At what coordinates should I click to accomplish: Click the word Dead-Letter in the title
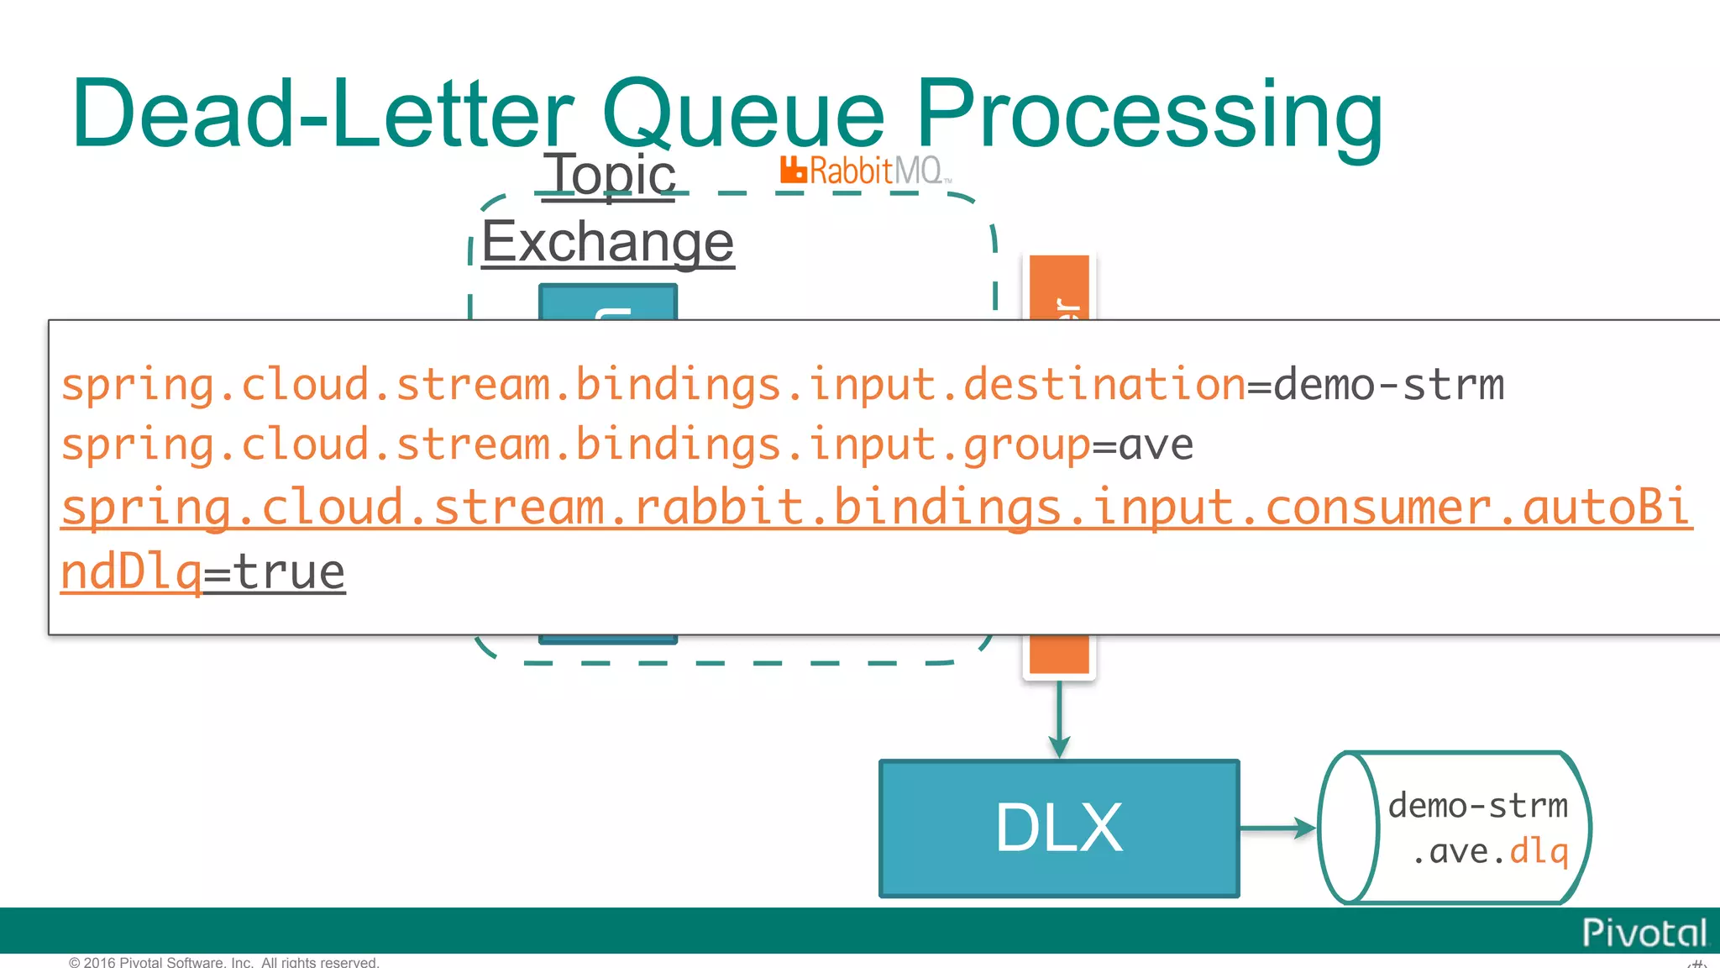(322, 113)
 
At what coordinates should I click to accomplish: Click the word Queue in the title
(743, 113)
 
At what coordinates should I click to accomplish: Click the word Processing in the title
(1148, 113)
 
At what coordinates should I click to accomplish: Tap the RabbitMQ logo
(865, 171)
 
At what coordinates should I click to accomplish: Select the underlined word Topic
(610, 175)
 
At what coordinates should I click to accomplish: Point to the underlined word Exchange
(608, 243)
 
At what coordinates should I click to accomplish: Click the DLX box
(1058, 829)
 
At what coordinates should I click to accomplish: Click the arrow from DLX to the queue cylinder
(1277, 829)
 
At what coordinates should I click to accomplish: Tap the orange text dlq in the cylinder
(1539, 851)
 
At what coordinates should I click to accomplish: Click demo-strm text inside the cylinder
(1477, 806)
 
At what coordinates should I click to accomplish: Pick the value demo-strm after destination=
(1389, 386)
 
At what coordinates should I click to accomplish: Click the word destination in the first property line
(1104, 386)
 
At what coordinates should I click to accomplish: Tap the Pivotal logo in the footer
(1644, 933)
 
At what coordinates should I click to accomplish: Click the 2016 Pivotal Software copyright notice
(224, 961)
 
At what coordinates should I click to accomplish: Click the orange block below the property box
(1059, 655)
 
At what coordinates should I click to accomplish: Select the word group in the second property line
(1026, 445)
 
